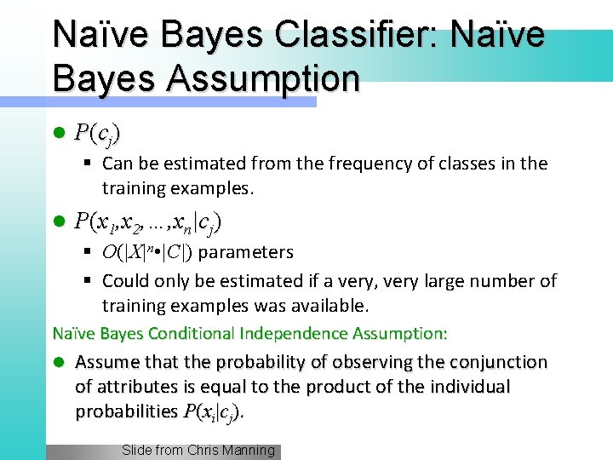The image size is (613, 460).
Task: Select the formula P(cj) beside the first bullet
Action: [x=97, y=133]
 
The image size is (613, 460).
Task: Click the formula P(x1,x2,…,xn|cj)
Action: [x=148, y=223]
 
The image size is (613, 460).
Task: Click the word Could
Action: [x=124, y=280]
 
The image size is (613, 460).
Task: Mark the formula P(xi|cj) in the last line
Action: [x=213, y=412]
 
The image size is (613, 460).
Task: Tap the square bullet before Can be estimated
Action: [x=89, y=163]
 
